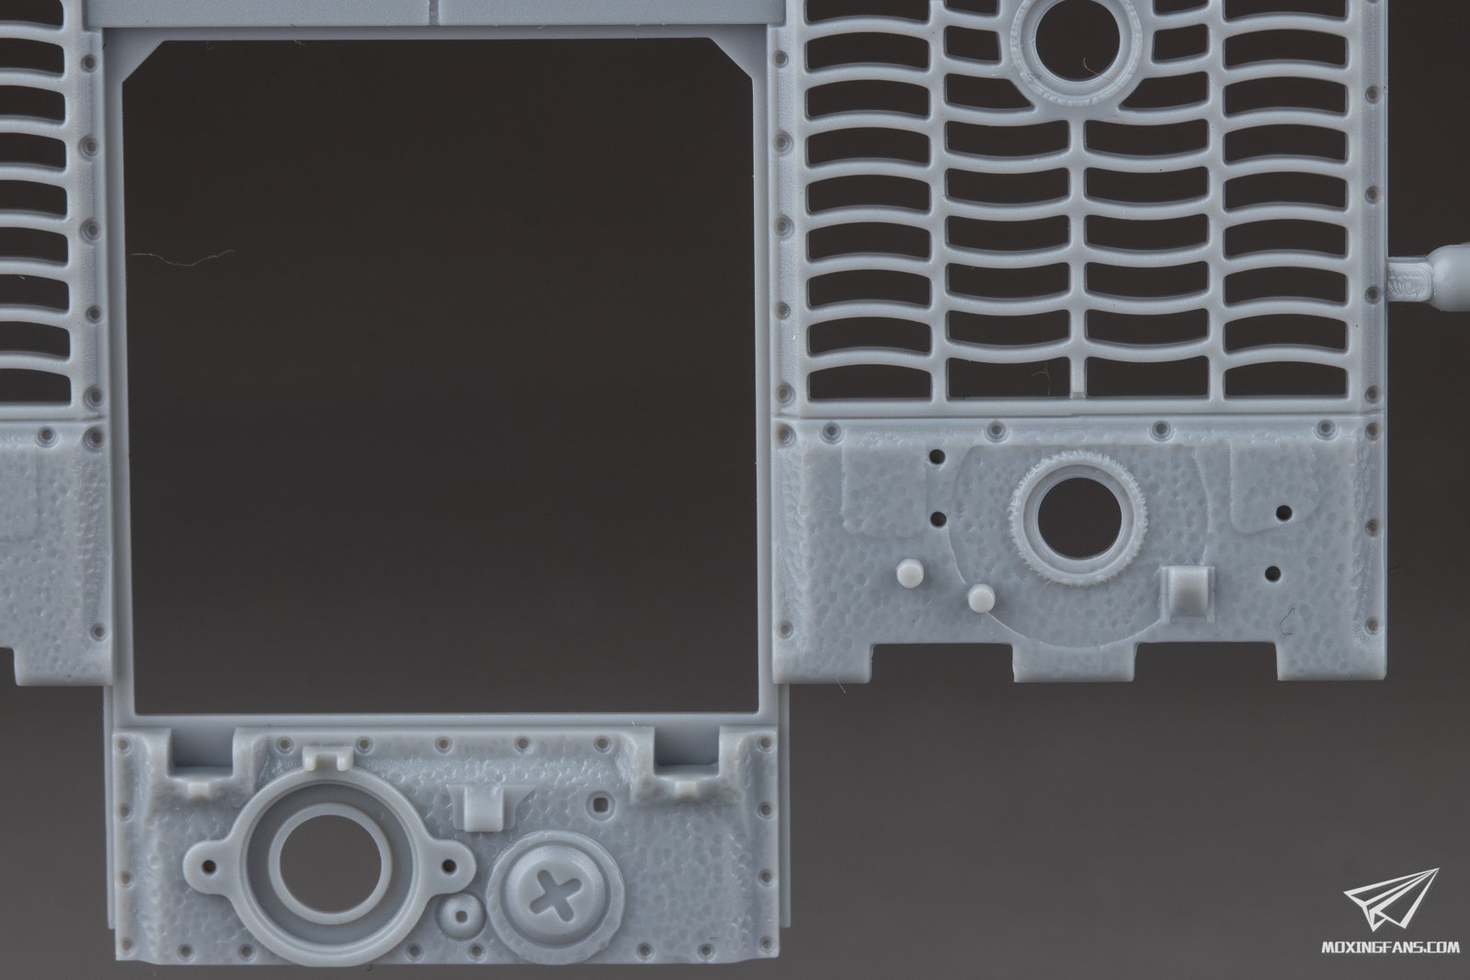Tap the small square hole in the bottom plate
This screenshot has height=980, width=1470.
click(600, 802)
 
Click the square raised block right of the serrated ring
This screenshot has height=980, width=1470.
click(1184, 592)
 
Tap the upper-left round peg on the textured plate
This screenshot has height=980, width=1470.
click(909, 573)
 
